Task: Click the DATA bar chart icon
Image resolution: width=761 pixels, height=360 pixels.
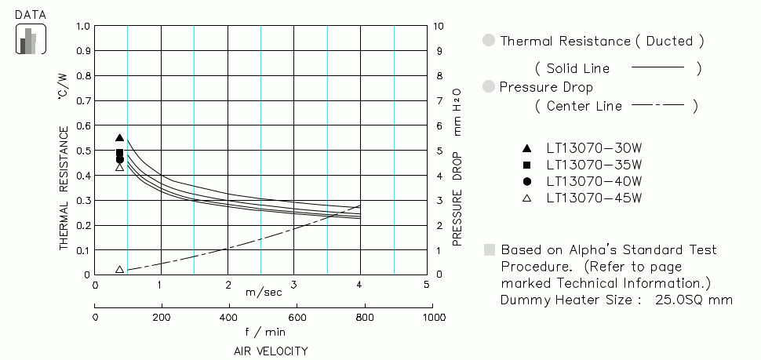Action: (x=31, y=39)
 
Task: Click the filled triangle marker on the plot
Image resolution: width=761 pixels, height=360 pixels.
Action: (x=119, y=138)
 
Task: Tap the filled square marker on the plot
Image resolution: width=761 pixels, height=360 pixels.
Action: (x=119, y=153)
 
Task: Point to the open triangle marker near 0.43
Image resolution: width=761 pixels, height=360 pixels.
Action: (x=119, y=167)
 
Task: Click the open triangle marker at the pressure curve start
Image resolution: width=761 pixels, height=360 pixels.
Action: (x=119, y=269)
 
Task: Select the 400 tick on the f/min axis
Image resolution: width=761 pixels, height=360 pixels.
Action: (x=228, y=318)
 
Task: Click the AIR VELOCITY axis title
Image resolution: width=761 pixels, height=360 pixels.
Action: (x=271, y=351)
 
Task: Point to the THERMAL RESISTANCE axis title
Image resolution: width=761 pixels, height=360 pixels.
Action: (x=64, y=188)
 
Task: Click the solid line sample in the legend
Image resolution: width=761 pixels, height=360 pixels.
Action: (x=657, y=68)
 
